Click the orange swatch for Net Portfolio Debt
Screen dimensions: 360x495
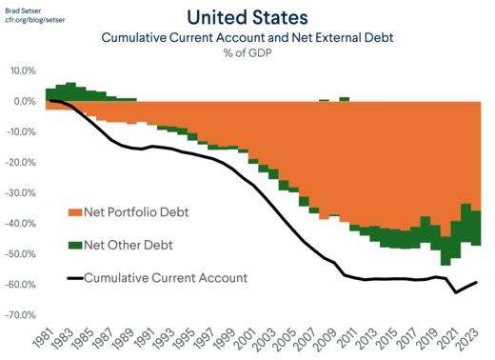(73, 211)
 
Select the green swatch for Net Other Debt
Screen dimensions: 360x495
(73, 245)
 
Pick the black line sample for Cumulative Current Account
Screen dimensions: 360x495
(73, 278)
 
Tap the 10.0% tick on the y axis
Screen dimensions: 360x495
(22, 71)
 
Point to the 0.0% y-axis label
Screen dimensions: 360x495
(24, 102)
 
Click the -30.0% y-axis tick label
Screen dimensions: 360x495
(20, 193)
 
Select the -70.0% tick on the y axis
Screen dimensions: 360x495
(20, 315)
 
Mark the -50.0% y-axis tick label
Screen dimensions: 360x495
(20, 254)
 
